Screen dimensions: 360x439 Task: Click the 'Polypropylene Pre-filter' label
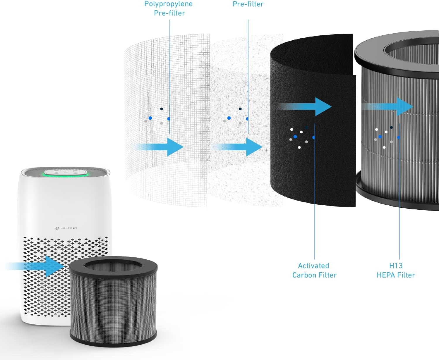tap(169, 8)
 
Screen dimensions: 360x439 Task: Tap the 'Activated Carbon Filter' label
tap(314, 270)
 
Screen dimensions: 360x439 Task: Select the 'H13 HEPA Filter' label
tap(396, 270)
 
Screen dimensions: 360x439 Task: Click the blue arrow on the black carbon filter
tap(307, 106)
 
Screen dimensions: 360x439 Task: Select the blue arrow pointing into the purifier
tap(38, 266)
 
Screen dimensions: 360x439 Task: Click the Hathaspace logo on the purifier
tap(66, 228)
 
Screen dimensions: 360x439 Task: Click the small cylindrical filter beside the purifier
tap(113, 304)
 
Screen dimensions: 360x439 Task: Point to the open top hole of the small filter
tap(113, 266)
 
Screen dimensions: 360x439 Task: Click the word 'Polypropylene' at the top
tap(169, 4)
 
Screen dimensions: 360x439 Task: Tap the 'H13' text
tap(396, 266)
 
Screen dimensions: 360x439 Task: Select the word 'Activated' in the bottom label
tap(313, 266)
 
